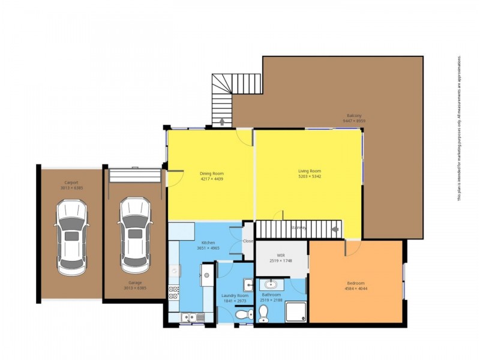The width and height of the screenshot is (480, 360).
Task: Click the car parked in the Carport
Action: (x=71, y=236)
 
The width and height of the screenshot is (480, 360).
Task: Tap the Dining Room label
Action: (x=211, y=173)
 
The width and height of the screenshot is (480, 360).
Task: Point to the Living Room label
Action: (x=310, y=171)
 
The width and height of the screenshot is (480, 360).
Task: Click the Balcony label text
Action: (x=354, y=115)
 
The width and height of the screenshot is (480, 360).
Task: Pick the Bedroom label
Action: (x=356, y=283)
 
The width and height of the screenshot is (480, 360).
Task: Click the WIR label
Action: (x=280, y=255)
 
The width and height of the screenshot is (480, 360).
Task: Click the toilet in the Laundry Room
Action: (x=241, y=314)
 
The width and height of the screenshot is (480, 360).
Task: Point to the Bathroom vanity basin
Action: (x=271, y=284)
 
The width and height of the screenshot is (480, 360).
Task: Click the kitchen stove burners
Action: (x=174, y=293)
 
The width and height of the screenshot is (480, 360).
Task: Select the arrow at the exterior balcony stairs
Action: (x=223, y=122)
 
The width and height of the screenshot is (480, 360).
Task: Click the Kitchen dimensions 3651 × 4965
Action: (x=208, y=248)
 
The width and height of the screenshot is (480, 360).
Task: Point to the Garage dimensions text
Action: (x=134, y=288)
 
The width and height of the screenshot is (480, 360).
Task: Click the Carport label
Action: (x=71, y=182)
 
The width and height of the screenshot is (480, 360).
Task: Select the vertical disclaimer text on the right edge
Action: (x=460, y=129)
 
